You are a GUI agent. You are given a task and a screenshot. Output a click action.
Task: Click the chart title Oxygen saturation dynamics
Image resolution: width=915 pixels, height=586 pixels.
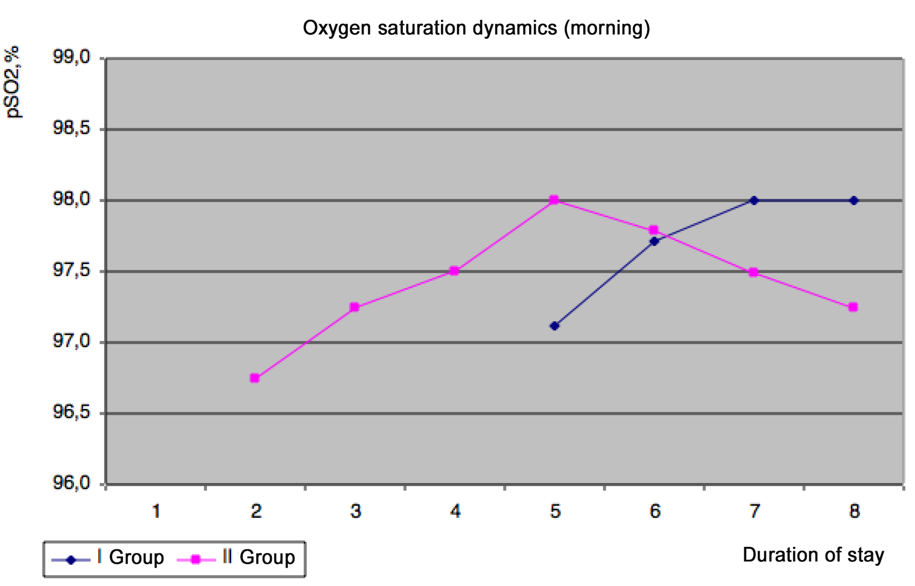[x=476, y=28]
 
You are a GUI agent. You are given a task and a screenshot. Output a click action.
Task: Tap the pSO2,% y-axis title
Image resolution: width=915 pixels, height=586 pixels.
[x=14, y=82]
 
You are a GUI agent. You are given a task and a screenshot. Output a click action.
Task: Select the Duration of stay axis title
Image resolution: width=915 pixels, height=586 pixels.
[x=813, y=555]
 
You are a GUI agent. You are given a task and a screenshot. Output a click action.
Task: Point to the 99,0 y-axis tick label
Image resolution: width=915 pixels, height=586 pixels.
[x=72, y=58]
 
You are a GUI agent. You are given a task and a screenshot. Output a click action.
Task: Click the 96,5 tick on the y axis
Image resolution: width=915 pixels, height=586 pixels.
[x=72, y=412]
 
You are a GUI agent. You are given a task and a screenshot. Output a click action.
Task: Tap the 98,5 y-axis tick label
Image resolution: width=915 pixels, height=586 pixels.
[x=72, y=129]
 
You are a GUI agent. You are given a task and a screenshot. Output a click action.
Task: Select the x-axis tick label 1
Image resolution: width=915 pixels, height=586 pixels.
[x=156, y=512]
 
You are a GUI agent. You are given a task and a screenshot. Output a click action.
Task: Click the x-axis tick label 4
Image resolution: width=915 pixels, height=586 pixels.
[x=455, y=512]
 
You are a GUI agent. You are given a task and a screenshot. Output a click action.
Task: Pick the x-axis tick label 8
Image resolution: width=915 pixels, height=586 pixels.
[x=855, y=512]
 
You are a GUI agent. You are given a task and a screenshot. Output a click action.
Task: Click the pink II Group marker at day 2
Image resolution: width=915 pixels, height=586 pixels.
[x=255, y=378]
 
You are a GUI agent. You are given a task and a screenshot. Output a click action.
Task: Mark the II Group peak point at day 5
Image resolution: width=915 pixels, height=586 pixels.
[x=554, y=200]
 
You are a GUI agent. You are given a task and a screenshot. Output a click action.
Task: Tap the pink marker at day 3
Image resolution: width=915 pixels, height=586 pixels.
[x=354, y=307]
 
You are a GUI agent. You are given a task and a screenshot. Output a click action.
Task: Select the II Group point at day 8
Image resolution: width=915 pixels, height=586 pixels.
[x=853, y=307]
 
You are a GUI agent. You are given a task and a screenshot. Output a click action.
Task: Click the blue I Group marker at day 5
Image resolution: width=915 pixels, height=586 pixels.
[x=555, y=326]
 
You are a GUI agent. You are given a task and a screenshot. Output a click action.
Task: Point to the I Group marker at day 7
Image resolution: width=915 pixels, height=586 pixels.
[x=753, y=200]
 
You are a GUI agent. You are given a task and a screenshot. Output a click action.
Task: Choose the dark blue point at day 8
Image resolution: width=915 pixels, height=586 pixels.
[x=854, y=200]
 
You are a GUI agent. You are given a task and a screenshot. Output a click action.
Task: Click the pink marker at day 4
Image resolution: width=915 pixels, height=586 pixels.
[x=454, y=271]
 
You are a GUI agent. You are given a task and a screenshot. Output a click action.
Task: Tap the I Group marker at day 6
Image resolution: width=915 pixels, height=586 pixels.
[x=654, y=241]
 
